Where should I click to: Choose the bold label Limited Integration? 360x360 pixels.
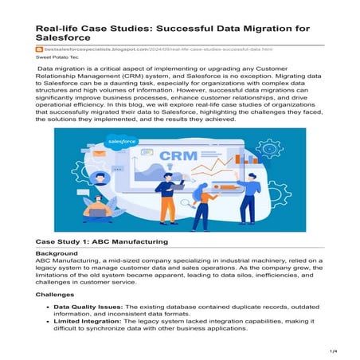[86, 326]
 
